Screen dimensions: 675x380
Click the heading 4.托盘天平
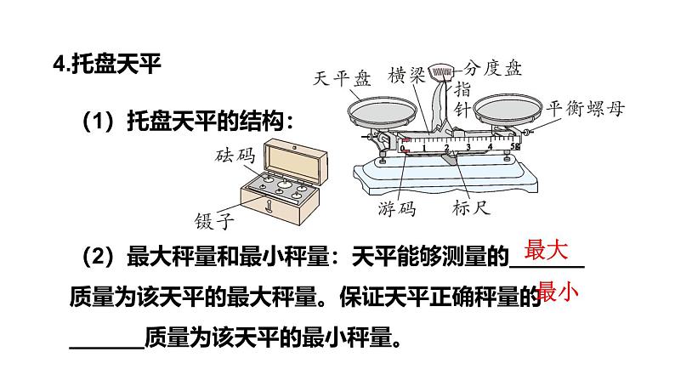point(105,65)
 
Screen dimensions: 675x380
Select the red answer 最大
point(546,252)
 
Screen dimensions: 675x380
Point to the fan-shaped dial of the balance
point(441,71)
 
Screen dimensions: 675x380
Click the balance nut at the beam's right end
point(528,131)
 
